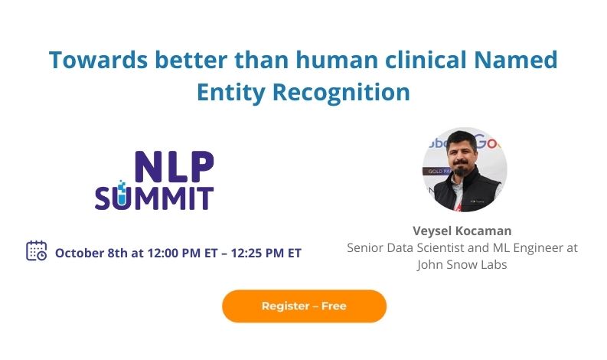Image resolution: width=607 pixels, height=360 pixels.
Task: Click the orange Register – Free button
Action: (x=304, y=306)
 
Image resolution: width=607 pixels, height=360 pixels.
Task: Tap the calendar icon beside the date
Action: (x=37, y=251)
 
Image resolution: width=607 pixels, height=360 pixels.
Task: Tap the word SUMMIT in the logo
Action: (x=154, y=197)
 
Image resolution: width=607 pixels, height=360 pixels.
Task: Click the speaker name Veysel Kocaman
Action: (x=462, y=231)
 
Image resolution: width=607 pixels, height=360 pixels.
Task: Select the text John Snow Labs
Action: (x=462, y=265)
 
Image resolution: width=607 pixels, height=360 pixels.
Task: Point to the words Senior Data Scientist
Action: (x=403, y=248)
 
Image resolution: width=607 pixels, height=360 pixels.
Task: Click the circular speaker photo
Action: (x=465, y=169)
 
